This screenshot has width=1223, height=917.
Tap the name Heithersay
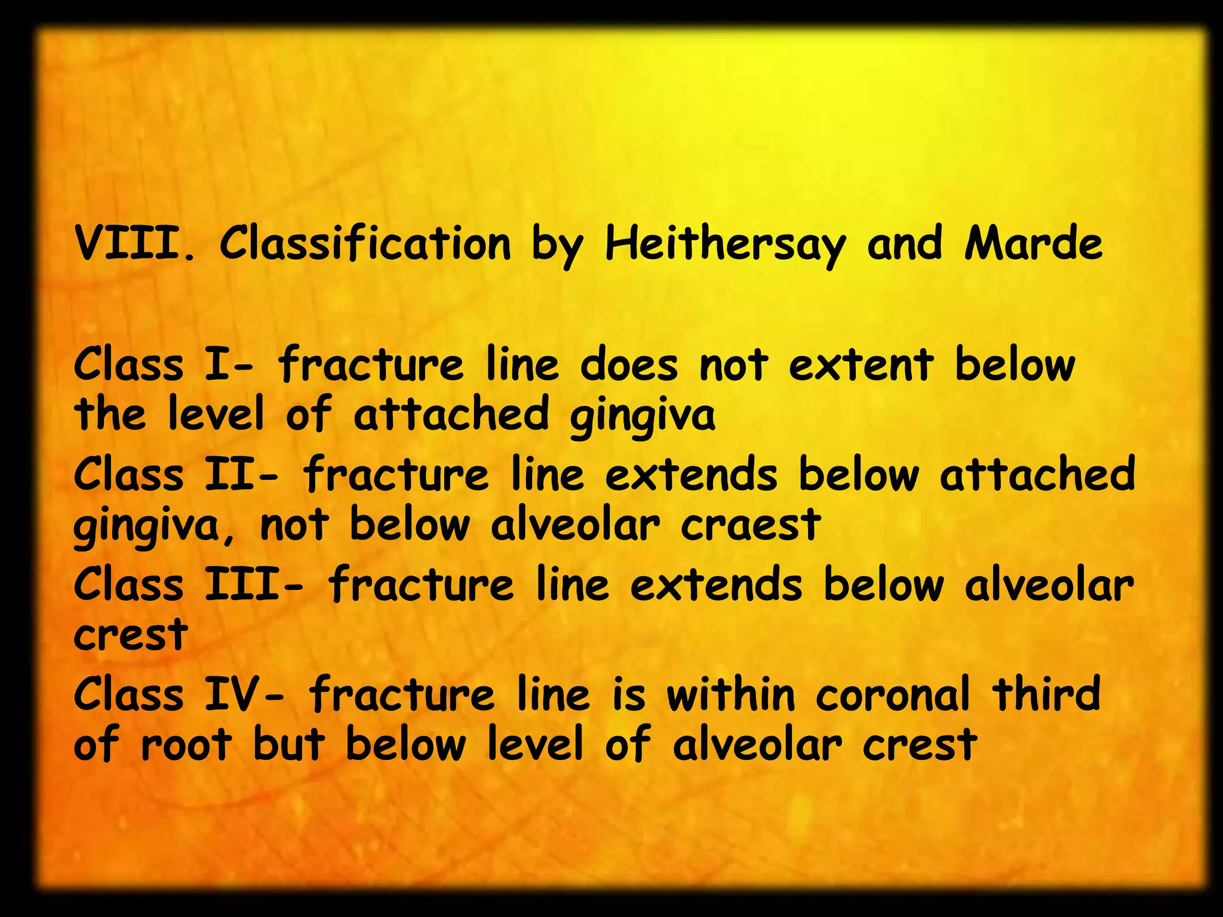pyautogui.click(x=725, y=245)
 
